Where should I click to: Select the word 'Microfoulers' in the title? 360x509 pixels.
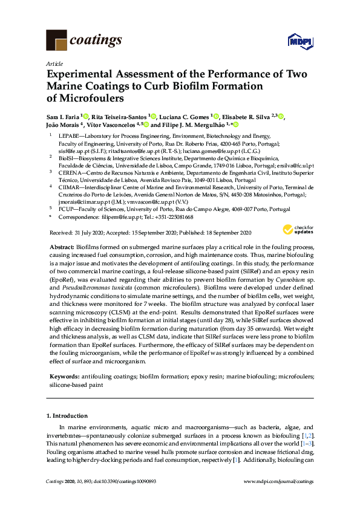click(87, 97)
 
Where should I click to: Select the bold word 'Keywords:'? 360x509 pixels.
click(62, 376)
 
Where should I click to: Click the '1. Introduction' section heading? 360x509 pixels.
click(67, 417)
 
